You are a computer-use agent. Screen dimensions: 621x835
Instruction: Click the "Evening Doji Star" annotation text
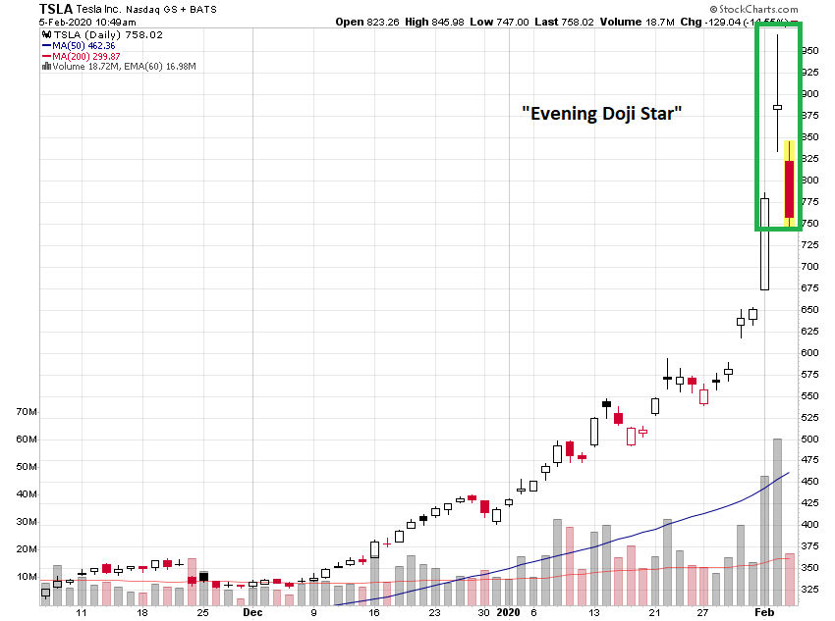(x=601, y=114)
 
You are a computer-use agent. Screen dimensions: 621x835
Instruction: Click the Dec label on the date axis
(x=252, y=612)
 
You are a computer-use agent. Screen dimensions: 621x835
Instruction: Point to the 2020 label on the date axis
(x=508, y=612)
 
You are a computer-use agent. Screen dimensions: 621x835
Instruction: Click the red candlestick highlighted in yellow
(x=789, y=189)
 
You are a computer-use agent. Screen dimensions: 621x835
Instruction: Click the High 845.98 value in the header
(x=466, y=21)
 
